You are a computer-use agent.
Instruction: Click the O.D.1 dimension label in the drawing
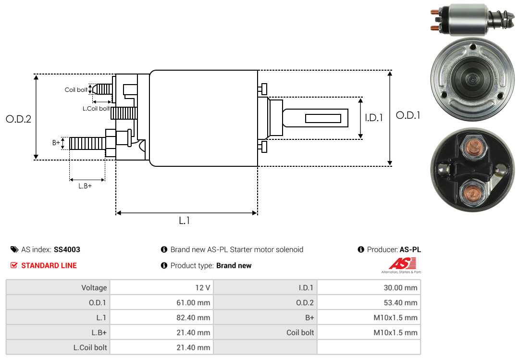tap(408, 115)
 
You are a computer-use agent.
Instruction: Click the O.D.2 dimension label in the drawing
tap(18, 119)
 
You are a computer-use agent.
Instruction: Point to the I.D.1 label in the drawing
tap(374, 117)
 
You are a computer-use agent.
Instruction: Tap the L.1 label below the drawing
tap(185, 221)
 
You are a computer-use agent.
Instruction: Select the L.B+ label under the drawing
tap(85, 186)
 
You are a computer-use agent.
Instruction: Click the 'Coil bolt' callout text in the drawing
tap(76, 90)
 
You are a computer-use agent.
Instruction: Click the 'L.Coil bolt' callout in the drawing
tap(96, 109)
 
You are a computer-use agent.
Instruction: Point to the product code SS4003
tap(67, 250)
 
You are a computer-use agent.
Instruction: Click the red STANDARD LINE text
tap(49, 265)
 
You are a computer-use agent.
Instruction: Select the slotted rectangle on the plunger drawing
tap(323, 118)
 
